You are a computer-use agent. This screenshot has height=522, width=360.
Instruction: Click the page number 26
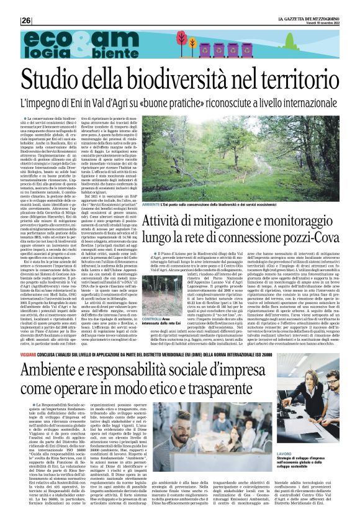tap(27, 20)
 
